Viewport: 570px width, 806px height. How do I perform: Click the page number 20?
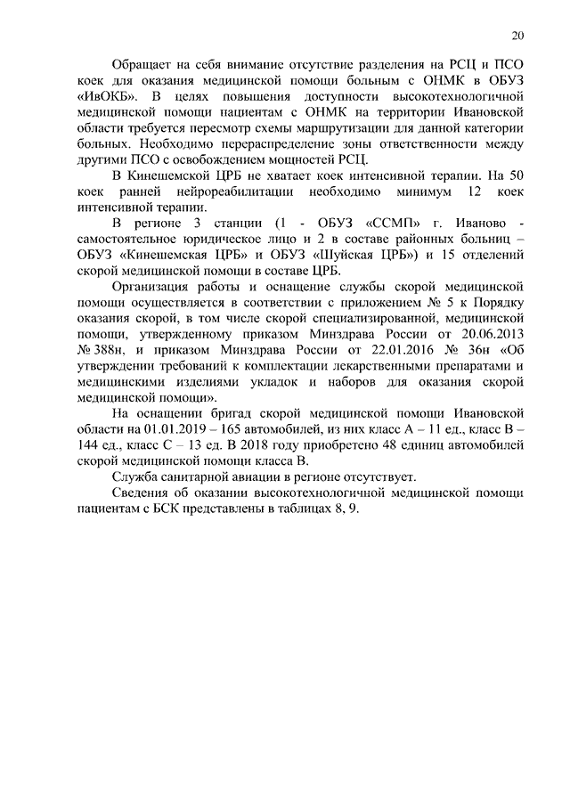[x=517, y=36]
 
